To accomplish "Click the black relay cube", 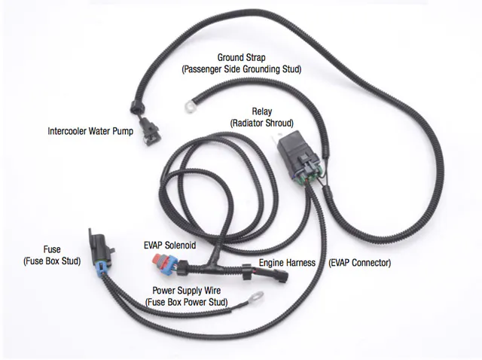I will [296, 146].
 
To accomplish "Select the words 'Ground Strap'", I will [241, 57].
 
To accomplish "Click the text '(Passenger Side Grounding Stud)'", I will [241, 69].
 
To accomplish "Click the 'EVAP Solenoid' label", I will [169, 246].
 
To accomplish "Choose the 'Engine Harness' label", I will [287, 264].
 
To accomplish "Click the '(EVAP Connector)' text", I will [361, 264].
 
